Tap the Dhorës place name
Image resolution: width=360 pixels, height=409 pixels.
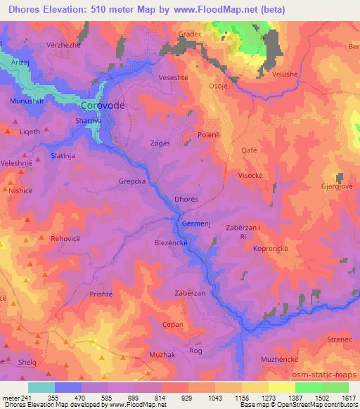(x=186, y=200)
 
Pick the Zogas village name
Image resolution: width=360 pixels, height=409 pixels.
(x=160, y=143)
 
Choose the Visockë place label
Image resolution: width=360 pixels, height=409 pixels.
(x=252, y=176)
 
